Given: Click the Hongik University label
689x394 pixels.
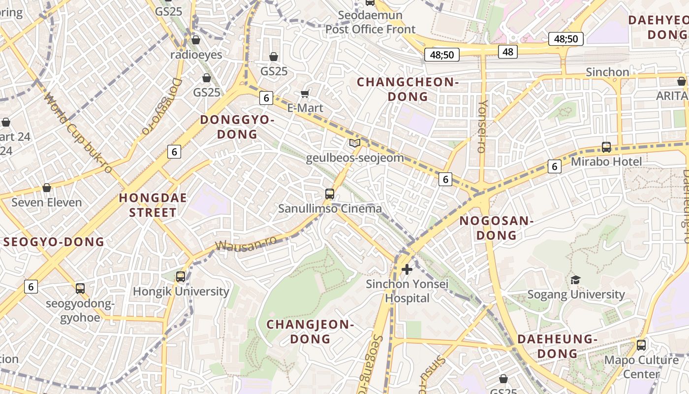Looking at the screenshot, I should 181,292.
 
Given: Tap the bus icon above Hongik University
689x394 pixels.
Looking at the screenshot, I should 181,277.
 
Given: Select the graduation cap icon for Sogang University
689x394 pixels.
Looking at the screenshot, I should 575,280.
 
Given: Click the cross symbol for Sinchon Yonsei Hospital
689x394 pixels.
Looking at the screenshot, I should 407,269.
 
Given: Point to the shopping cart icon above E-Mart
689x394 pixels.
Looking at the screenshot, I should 305,94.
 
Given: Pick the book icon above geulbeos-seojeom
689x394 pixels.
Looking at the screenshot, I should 354,143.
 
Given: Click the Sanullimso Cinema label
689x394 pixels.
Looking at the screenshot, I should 330,209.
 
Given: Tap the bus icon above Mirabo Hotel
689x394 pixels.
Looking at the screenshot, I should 606,147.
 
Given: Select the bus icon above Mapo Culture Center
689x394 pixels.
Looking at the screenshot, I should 641,345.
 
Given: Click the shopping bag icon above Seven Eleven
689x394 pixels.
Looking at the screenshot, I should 47,188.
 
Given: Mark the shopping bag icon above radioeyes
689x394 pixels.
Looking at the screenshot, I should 196,40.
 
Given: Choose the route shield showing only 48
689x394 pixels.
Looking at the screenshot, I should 508,51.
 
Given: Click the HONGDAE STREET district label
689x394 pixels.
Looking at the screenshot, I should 153,205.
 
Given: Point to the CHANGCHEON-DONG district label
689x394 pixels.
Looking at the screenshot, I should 407,89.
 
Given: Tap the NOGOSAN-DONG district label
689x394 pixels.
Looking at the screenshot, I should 497,228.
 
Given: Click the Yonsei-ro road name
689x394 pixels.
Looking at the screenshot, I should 483,126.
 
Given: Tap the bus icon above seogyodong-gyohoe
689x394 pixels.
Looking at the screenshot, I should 80,289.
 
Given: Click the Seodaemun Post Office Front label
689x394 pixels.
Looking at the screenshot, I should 371,23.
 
